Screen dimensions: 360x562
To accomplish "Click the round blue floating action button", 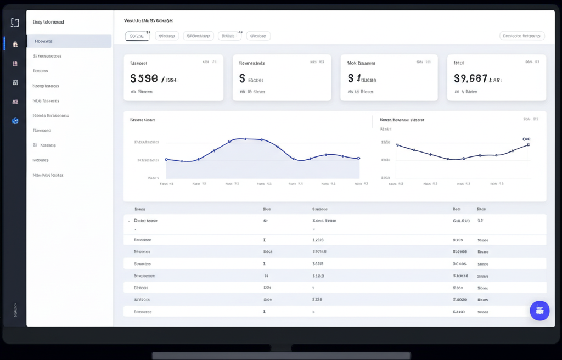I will coord(539,311).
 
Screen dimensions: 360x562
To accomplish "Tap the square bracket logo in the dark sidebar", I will coord(15,22).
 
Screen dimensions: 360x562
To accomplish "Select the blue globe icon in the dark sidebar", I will coord(15,121).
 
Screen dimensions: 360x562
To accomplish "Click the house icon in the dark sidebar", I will coord(15,44).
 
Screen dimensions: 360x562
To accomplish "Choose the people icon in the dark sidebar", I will coord(15,102).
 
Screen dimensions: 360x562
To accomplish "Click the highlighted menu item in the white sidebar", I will coord(69,41).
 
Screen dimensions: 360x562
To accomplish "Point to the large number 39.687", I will coord(471,78).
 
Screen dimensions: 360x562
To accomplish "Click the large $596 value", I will coord(144,78).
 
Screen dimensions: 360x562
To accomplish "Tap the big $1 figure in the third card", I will coord(354,78).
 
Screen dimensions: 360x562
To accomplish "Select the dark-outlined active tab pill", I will coord(137,36).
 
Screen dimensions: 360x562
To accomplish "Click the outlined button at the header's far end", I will coord(522,36).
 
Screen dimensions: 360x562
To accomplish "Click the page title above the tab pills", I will coord(148,21).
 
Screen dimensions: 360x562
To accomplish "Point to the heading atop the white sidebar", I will coord(48,22).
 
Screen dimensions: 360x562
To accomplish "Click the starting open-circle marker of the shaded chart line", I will coord(166,160).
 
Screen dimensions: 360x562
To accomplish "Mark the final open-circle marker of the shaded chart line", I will coord(359,158).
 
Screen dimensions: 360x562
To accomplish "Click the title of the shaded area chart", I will coord(142,120).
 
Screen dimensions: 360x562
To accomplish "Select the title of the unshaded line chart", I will coord(402,120).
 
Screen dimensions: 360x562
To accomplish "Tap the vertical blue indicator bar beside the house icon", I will coord(4,43).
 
